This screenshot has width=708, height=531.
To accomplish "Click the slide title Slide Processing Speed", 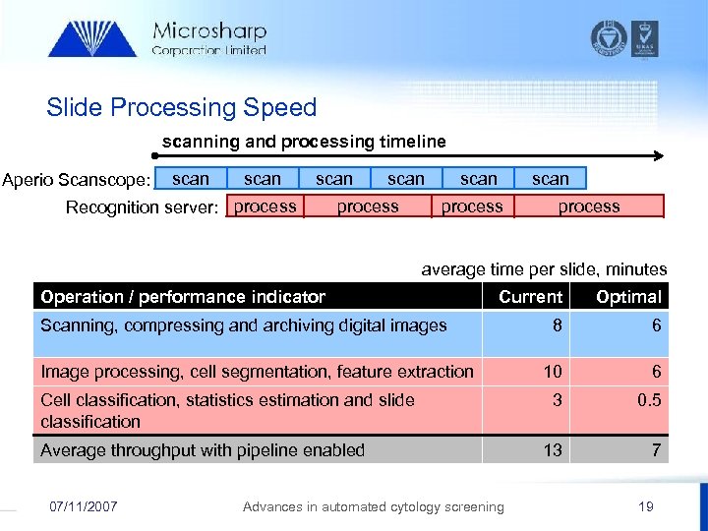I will click(182, 107).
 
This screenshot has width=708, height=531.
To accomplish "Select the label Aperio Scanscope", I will click(77, 180).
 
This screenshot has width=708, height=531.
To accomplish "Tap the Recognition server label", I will click(142, 206).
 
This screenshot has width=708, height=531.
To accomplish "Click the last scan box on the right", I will click(551, 179).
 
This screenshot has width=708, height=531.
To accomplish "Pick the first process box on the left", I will click(265, 206).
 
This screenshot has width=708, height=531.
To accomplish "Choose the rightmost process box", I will click(588, 206).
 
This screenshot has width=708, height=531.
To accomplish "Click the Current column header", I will click(530, 296).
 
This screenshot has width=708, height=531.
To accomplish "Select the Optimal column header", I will click(628, 296).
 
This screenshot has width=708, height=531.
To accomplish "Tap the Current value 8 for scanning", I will click(558, 324).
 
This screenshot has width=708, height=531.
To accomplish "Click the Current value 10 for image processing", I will click(554, 371).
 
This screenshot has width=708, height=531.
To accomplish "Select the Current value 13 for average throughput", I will click(554, 449).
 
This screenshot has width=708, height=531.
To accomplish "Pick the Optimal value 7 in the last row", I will click(656, 449).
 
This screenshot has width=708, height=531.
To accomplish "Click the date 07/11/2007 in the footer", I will click(84, 506).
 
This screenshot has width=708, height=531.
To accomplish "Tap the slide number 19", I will click(645, 506).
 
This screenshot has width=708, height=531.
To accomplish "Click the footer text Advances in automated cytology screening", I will click(373, 506).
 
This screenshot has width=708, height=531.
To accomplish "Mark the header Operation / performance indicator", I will click(183, 296).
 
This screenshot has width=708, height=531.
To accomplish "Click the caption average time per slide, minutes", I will click(544, 268).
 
